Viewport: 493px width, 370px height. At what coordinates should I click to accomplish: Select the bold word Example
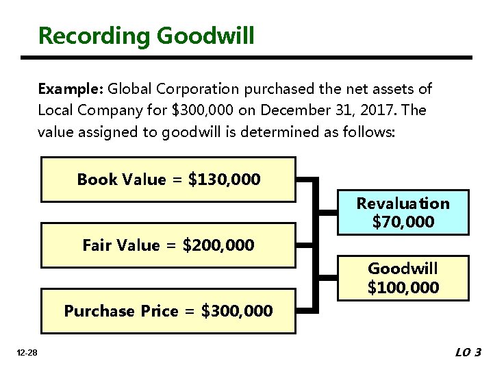70,89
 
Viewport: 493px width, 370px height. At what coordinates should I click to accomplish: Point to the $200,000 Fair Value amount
218,245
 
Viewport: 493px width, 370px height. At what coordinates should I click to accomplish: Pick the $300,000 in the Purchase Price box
237,311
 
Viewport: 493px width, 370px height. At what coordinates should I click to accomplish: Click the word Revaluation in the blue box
403,203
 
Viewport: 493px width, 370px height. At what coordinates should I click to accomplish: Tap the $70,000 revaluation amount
403,222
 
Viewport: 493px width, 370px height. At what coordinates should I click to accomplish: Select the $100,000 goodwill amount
403,287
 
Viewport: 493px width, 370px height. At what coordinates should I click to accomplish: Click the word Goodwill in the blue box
403,268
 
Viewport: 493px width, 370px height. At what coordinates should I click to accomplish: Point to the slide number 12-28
28,353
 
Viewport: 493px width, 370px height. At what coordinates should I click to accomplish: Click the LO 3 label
468,353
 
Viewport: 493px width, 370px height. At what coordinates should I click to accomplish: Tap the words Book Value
121,180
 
